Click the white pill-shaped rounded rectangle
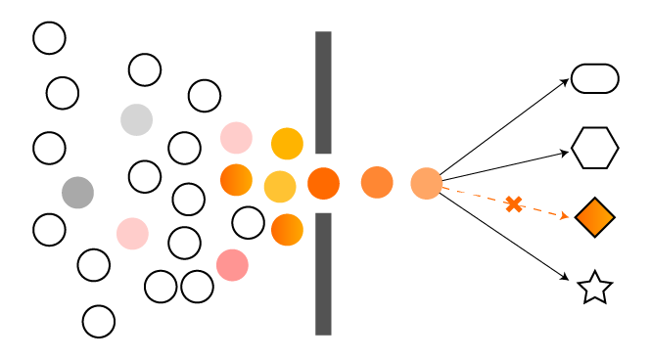[x=595, y=78]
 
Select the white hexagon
[x=595, y=148]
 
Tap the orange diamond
[x=595, y=217]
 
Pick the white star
[x=595, y=288]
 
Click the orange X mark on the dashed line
[x=514, y=204]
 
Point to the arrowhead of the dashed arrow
[x=565, y=215]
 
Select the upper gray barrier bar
[x=323, y=92]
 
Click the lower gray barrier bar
[x=323, y=274]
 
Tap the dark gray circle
[x=78, y=193]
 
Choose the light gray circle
[x=137, y=119]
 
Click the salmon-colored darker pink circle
[x=232, y=265]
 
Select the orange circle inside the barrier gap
[x=324, y=183]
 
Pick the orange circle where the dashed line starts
[x=427, y=183]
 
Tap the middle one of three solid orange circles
[x=377, y=183]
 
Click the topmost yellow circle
[x=287, y=144]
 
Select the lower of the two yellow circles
[x=280, y=186]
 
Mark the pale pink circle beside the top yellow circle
[x=236, y=138]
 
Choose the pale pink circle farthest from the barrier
[x=132, y=234]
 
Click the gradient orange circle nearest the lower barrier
[x=287, y=230]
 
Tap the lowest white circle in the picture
[x=99, y=321]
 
